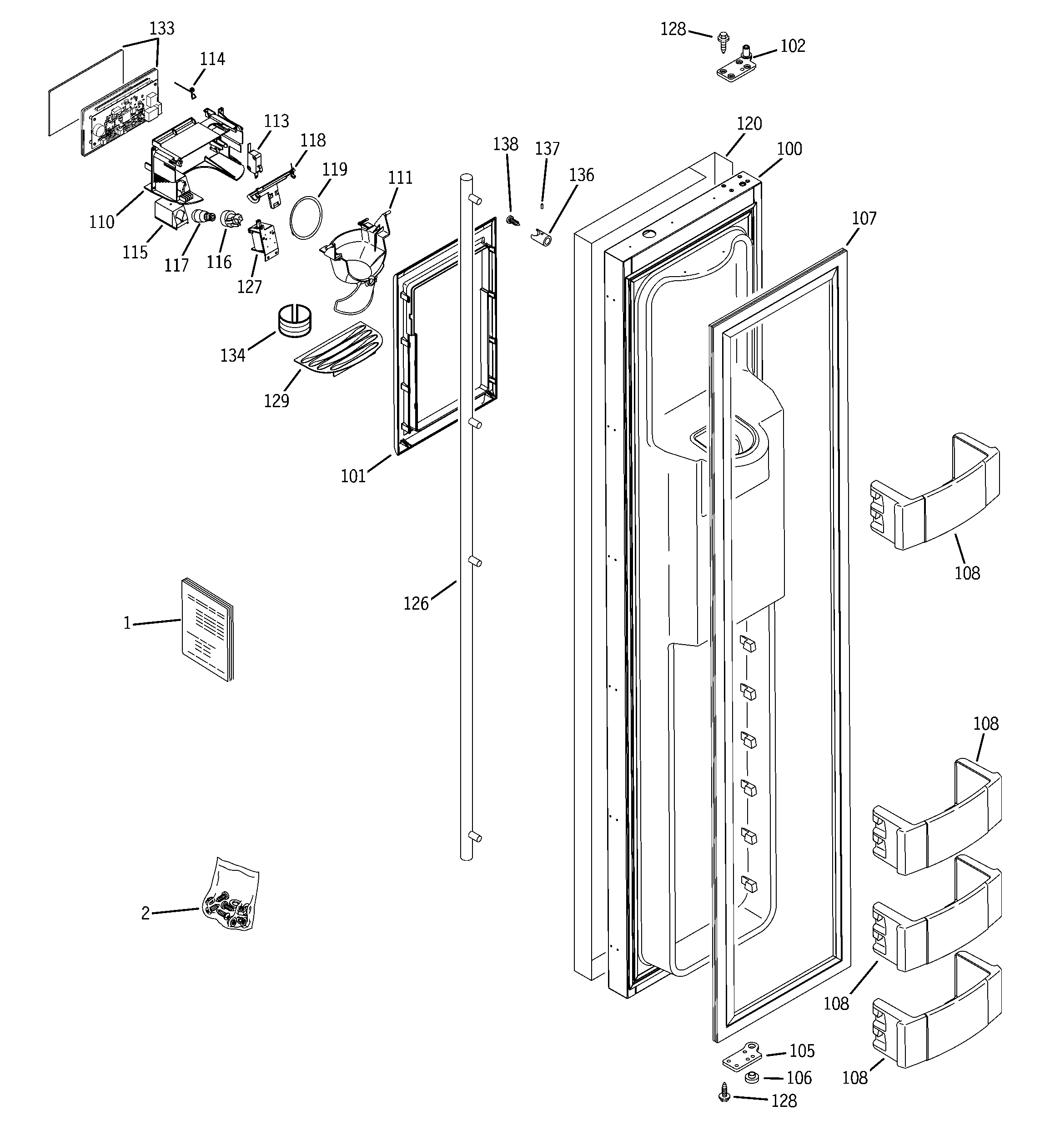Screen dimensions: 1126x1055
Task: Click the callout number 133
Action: click(x=161, y=28)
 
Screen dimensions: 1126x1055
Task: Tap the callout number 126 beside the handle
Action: click(x=416, y=604)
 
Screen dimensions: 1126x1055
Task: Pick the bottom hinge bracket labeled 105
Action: click(x=743, y=1055)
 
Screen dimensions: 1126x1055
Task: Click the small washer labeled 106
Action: click(x=752, y=1077)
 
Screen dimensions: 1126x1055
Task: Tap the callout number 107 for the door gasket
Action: click(x=864, y=219)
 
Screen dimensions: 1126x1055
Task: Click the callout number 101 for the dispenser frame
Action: click(x=353, y=476)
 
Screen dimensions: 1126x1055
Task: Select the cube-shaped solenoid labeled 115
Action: click(x=170, y=215)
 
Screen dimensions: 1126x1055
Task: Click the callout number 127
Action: click(x=249, y=287)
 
